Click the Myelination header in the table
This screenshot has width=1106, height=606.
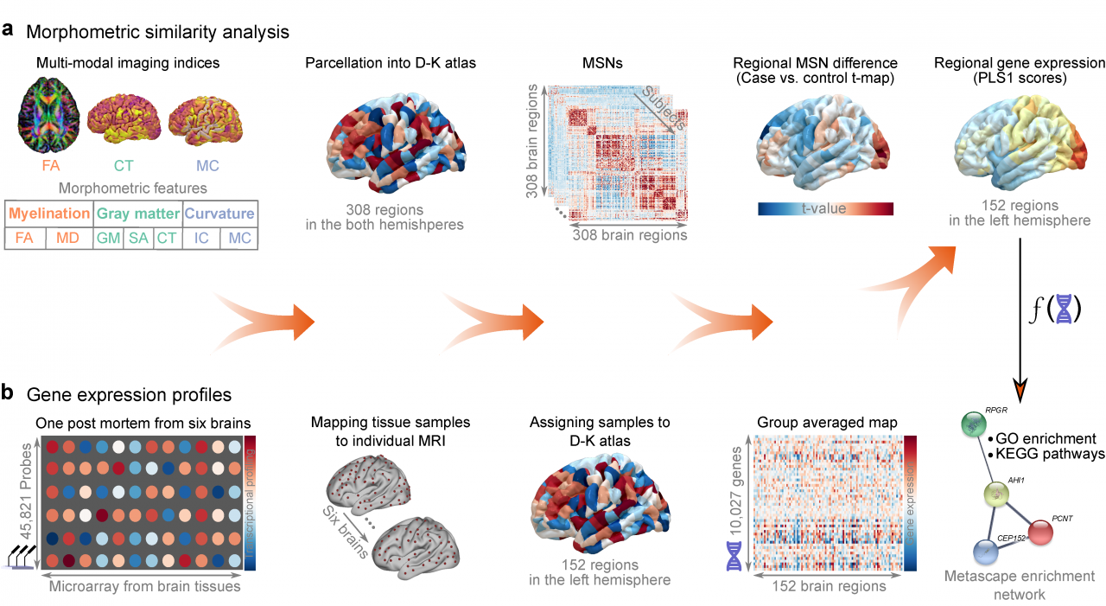pyautogui.click(x=48, y=214)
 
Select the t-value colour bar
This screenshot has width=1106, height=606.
pyautogui.click(x=825, y=208)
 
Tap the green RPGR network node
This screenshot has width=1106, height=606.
pyautogui.click(x=972, y=425)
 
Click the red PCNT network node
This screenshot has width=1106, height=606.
pyautogui.click(x=1039, y=531)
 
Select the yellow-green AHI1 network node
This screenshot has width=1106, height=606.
pyautogui.click(x=998, y=494)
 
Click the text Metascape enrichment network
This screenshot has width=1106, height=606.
pyautogui.click(x=1020, y=585)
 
